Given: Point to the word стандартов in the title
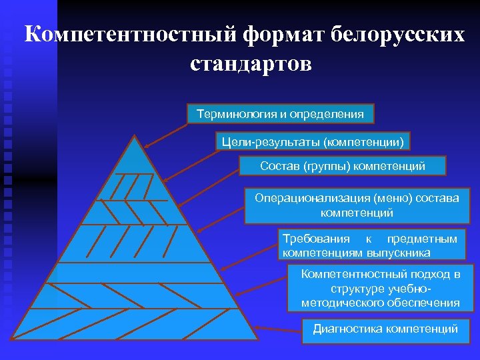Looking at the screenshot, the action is click(250, 65).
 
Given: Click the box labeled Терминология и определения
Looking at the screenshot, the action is click(280, 114).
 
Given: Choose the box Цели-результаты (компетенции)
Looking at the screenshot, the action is click(311, 141).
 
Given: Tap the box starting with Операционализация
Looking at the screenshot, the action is click(357, 205).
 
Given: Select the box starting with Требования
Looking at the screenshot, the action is click(370, 245).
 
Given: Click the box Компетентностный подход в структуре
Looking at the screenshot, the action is click(381, 288).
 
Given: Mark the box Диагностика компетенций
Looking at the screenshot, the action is click(385, 329).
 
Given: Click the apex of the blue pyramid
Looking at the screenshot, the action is click(135, 136).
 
